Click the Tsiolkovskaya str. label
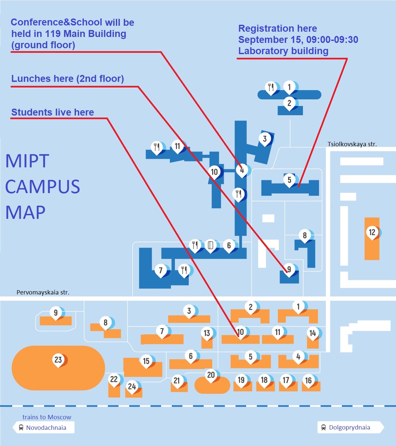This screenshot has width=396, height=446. [352, 144]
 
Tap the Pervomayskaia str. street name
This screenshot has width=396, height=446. [43, 292]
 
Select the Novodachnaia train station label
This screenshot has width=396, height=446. [46, 428]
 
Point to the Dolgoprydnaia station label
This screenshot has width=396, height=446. [349, 428]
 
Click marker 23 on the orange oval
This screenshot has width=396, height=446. [58, 360]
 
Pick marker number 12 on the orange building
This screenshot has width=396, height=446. [372, 232]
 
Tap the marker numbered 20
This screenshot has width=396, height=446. [211, 375]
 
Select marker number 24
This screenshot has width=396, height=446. [132, 386]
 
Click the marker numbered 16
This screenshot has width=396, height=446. [308, 380]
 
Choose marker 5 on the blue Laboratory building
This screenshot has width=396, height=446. [289, 180]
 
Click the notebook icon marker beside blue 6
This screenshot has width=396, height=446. [210, 245]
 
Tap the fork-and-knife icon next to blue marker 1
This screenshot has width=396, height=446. [271, 87]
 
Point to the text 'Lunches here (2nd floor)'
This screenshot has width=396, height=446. [68, 79]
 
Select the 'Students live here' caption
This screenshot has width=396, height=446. [52, 112]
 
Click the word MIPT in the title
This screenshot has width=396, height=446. [27, 161]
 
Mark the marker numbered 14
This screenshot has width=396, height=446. [313, 333]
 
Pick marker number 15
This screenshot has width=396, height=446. [146, 361]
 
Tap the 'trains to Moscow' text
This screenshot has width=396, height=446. [47, 417]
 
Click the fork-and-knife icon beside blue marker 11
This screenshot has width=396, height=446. [157, 147]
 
